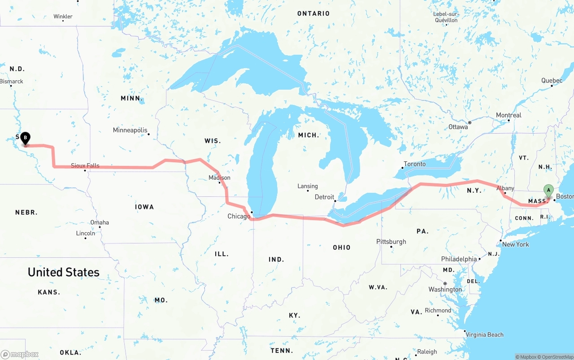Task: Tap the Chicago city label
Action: tap(239, 217)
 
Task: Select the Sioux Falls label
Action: tap(85, 166)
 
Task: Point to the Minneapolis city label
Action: tap(130, 130)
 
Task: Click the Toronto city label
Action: tap(415, 164)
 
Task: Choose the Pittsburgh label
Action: tap(391, 242)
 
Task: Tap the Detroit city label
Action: tap(324, 197)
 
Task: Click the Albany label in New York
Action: tap(505, 188)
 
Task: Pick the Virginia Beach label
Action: tap(484, 335)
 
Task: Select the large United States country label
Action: tap(64, 272)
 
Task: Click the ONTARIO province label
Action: tap(313, 14)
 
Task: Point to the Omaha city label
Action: tap(100, 222)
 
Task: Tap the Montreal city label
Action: tap(509, 116)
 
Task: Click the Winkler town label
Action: tap(63, 17)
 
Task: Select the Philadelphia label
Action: tap(459, 259)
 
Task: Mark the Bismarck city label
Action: tap(12, 82)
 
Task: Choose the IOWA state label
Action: tap(144, 207)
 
